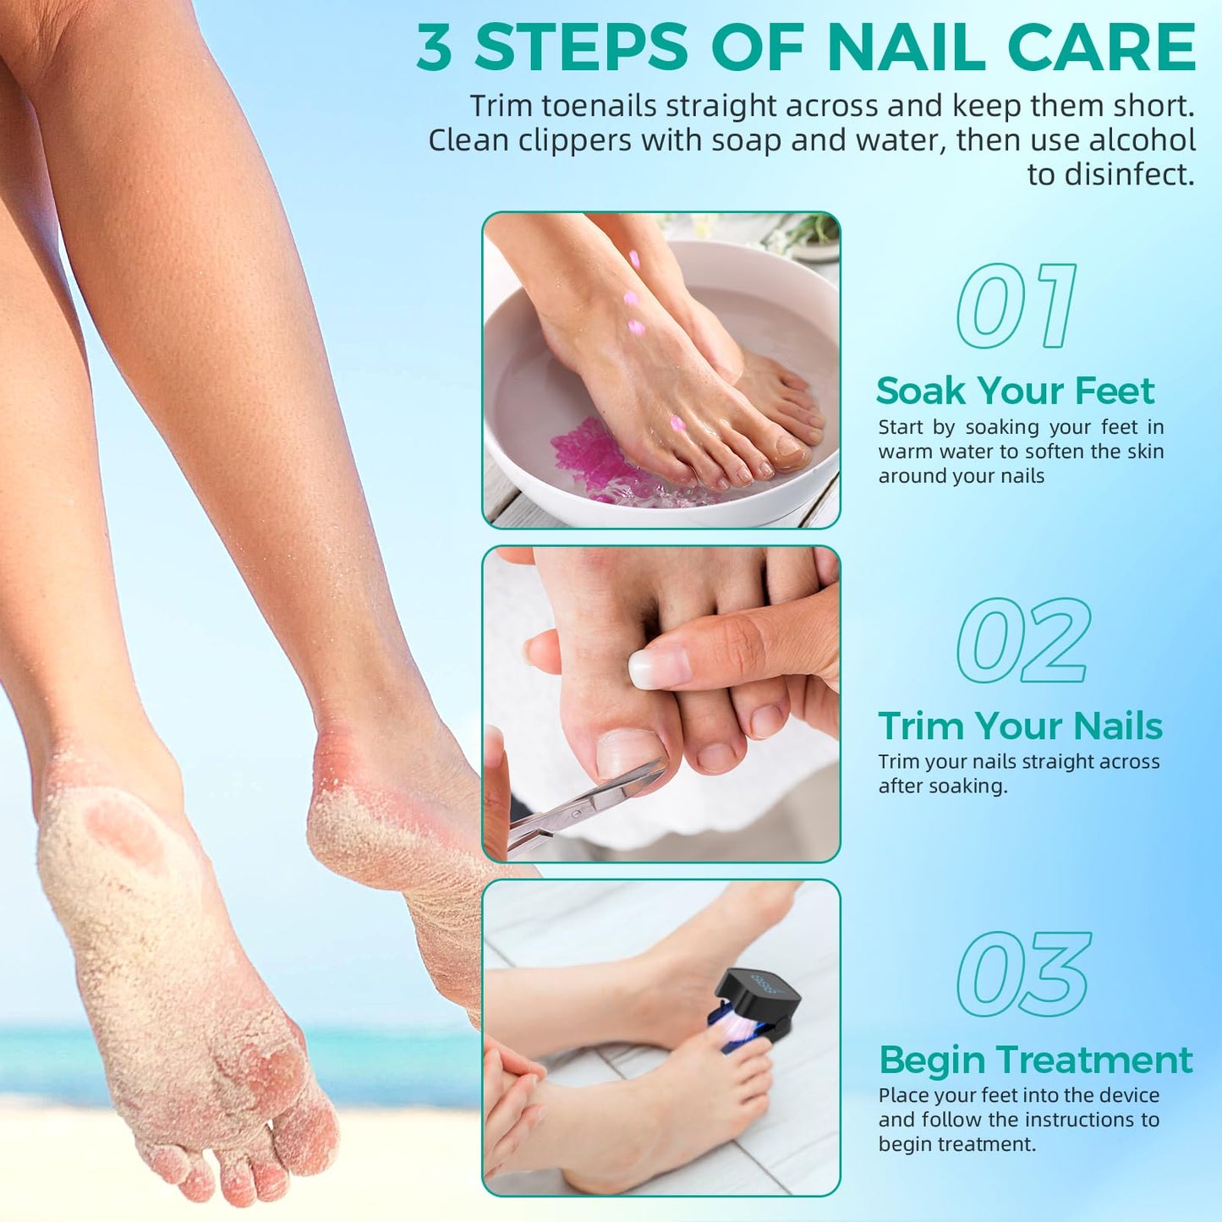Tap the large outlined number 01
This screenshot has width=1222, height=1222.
pos(1017,305)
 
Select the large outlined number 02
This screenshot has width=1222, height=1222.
pos(1023,640)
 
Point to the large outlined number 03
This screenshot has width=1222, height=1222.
pos(1024,974)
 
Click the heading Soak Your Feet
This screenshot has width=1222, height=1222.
pos(1015,391)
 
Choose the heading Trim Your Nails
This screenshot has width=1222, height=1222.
pos(1020,726)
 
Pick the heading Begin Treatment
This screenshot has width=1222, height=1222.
pos(1035,1060)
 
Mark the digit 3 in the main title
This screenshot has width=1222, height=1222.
pos(435,47)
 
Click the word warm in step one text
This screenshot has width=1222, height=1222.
pos(904,452)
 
